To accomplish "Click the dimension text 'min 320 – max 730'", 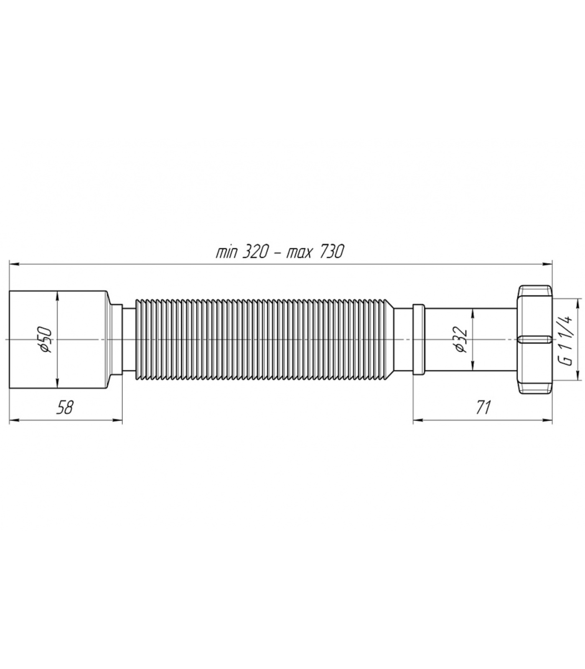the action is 280,252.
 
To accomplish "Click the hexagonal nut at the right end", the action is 535,340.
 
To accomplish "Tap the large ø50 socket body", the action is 58,340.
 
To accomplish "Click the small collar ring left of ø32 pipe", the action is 418,340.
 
